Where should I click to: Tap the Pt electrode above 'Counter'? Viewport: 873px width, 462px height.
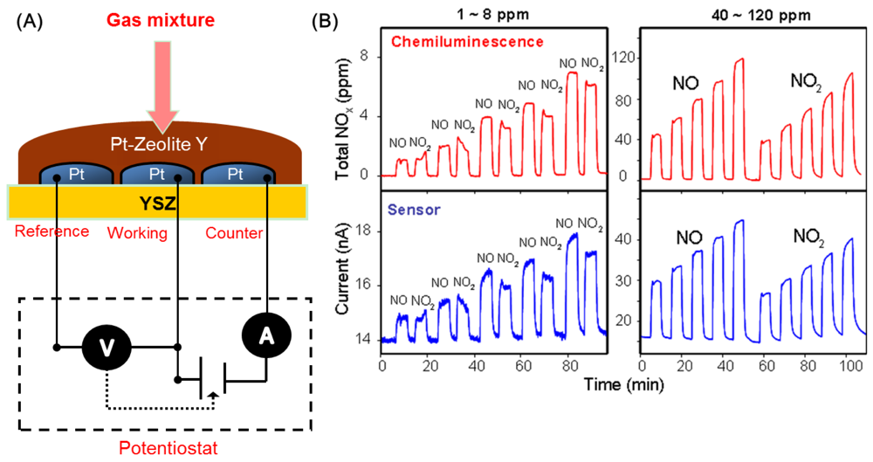[x=235, y=174]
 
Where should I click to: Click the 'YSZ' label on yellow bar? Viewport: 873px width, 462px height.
[x=158, y=204]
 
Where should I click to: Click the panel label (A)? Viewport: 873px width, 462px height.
[x=30, y=20]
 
